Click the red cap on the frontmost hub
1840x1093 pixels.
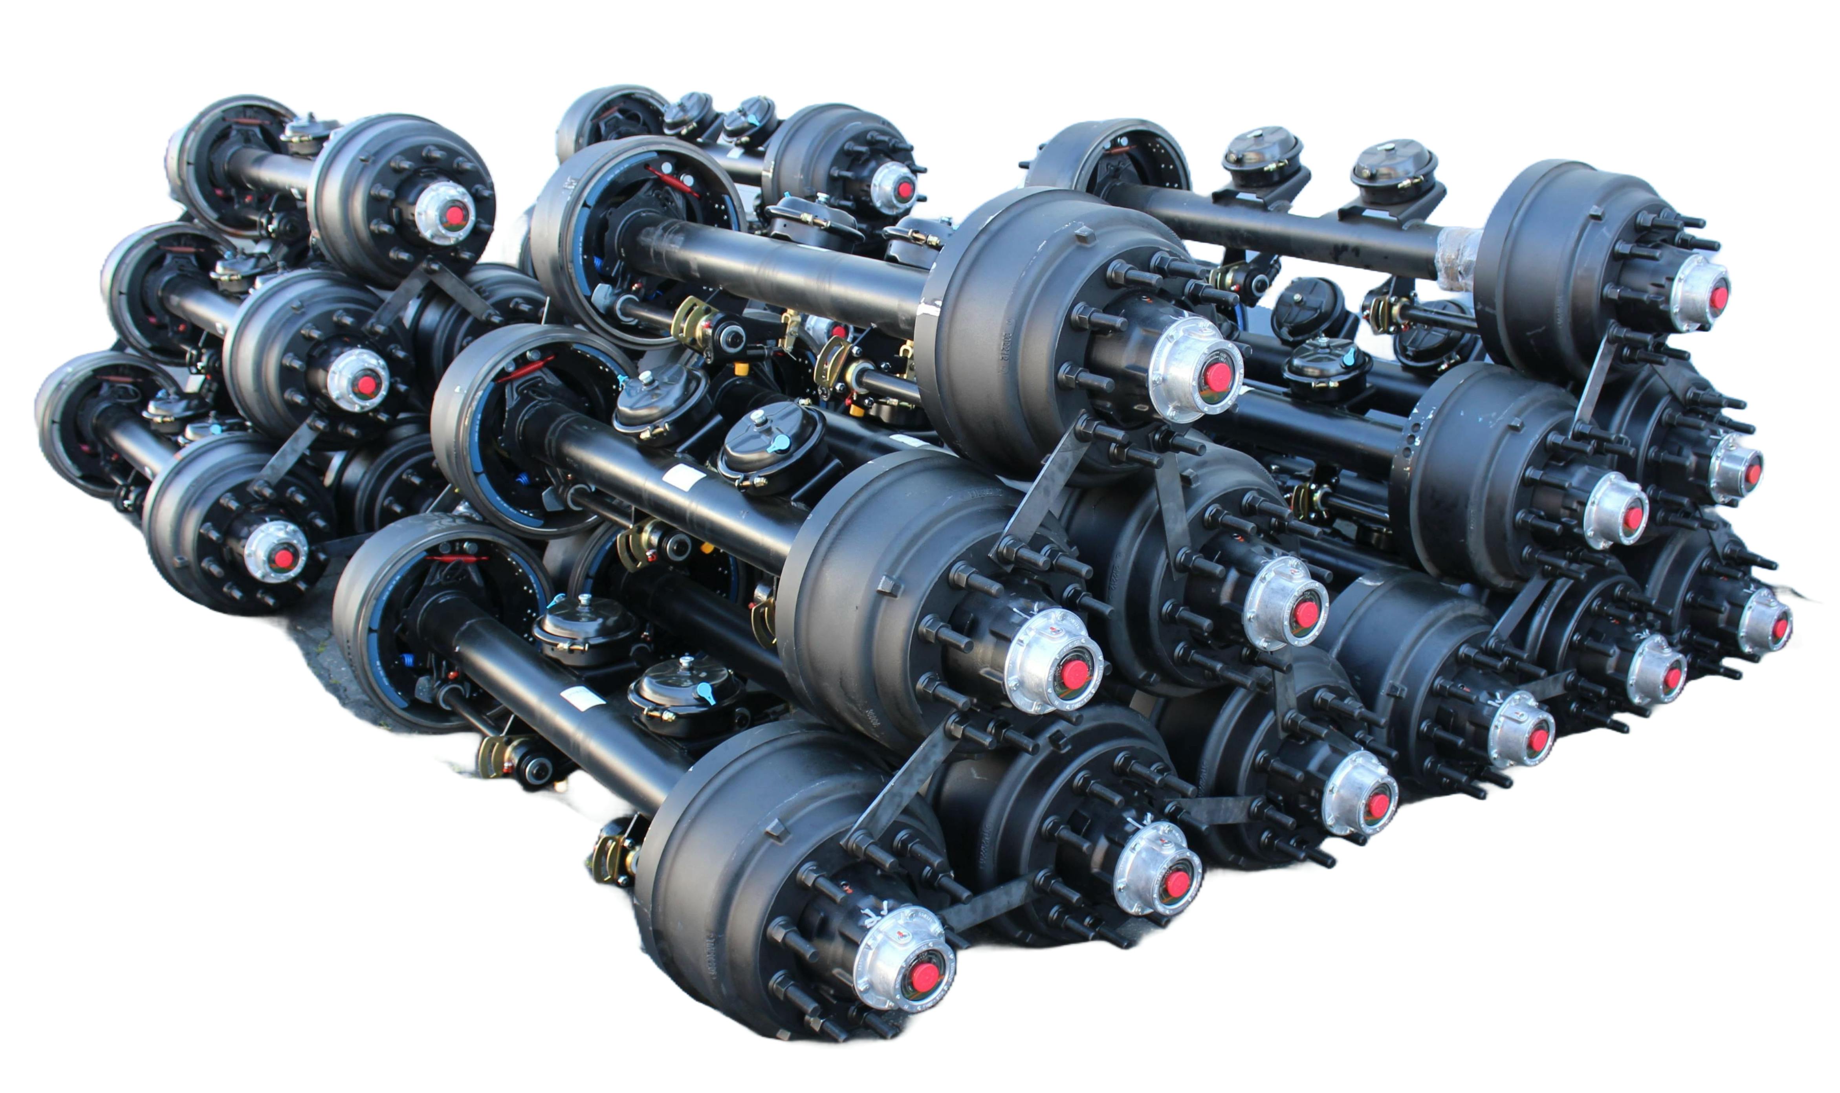(923, 976)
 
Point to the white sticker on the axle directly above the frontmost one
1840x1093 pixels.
(683, 477)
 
